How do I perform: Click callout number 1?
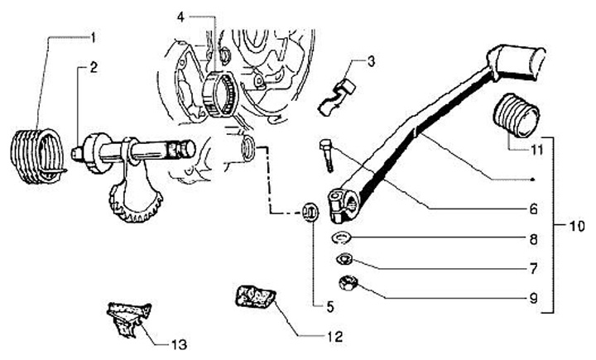coord(93,37)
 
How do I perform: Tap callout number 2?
coord(93,69)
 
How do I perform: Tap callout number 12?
coord(334,337)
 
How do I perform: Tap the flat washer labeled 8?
coord(340,240)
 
